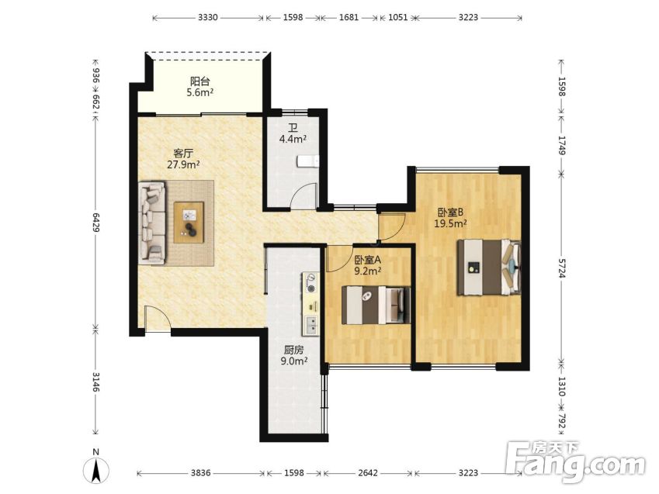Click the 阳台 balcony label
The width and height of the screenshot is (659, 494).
coord(199,81)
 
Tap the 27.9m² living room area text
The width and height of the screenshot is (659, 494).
coord(183,164)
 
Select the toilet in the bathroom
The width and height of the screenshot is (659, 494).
coord(307,161)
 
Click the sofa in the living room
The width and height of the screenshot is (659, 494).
coord(151,223)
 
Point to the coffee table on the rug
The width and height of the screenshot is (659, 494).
coord(189,223)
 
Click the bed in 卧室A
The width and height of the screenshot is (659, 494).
coord(376,305)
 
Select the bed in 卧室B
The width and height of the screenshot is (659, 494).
coord(489,267)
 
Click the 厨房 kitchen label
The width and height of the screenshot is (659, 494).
coord(293,350)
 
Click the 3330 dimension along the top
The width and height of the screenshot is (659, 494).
coord(207,17)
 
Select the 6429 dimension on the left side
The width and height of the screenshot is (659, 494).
coord(95,223)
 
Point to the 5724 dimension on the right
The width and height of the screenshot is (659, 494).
coord(561,267)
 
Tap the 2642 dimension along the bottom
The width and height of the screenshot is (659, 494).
coord(368,473)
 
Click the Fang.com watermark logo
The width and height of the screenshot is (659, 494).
coord(576,461)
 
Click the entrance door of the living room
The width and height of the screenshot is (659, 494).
coord(158,320)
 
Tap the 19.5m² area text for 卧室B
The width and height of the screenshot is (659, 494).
coord(450,223)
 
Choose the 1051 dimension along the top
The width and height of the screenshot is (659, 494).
coord(397,17)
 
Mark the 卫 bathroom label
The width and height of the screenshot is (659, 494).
coord(293,127)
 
